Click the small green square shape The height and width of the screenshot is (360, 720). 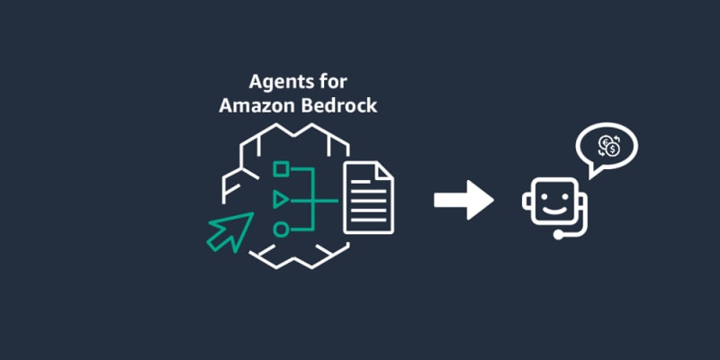coord(281,167)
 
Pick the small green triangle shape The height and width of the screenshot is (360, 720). coord(281,198)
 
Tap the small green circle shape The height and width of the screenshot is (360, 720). coord(281,229)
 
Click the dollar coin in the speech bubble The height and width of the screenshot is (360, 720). coord(613,149)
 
